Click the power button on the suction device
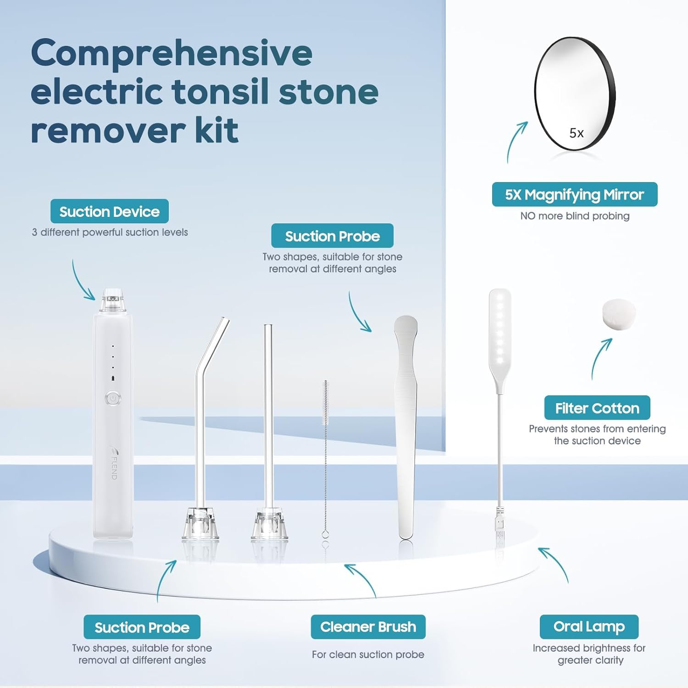pos(113,399)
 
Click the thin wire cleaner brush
pos(326,459)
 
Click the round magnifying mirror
pos(574,93)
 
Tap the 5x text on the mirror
pos(577,133)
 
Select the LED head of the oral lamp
pos(500,328)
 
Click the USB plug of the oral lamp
pos(500,527)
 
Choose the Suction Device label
pos(110,211)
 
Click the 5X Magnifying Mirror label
pos(574,194)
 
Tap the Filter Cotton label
pos(597,408)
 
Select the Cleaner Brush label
pos(368,627)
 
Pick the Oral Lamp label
pos(589,627)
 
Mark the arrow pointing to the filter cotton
pos(600,358)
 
